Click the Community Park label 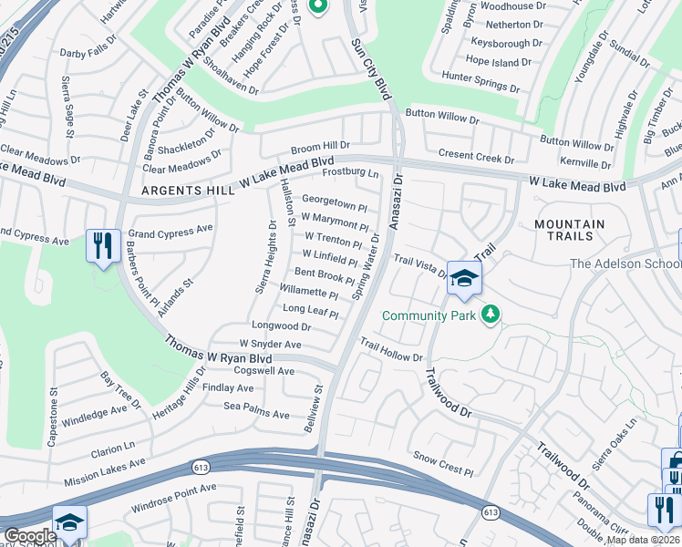(430, 315)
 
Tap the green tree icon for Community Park (491, 315)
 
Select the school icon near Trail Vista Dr (463, 279)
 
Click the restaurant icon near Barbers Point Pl (101, 244)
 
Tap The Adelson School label (625, 264)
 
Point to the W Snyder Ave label (270, 345)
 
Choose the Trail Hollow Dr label (391, 351)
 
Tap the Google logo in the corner (31, 536)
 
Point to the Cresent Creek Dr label (476, 158)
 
